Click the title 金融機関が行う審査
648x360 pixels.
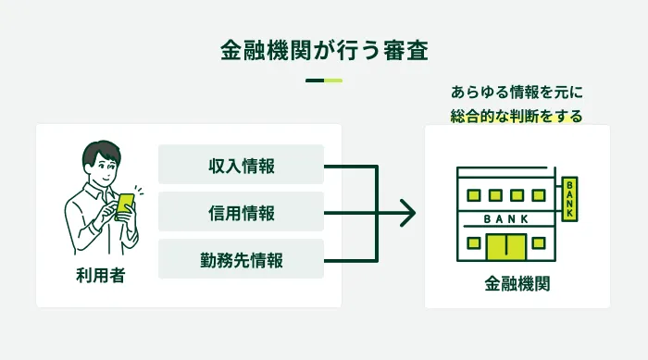(x=323, y=50)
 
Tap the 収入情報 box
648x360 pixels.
(x=241, y=165)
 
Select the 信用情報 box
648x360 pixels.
(x=241, y=212)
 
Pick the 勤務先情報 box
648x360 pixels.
(x=241, y=259)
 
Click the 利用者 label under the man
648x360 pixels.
(x=100, y=275)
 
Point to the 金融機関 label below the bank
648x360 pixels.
(x=517, y=284)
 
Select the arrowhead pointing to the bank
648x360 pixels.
(x=407, y=213)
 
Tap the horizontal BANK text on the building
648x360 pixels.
(x=505, y=218)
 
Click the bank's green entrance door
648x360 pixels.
(x=506, y=245)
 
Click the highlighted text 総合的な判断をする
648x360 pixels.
(x=517, y=117)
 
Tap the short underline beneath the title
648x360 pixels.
(x=323, y=81)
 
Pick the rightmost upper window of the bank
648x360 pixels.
(x=541, y=195)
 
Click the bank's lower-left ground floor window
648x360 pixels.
(x=473, y=243)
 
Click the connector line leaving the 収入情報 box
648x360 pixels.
(x=352, y=166)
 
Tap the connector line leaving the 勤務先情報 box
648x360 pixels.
(x=352, y=259)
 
